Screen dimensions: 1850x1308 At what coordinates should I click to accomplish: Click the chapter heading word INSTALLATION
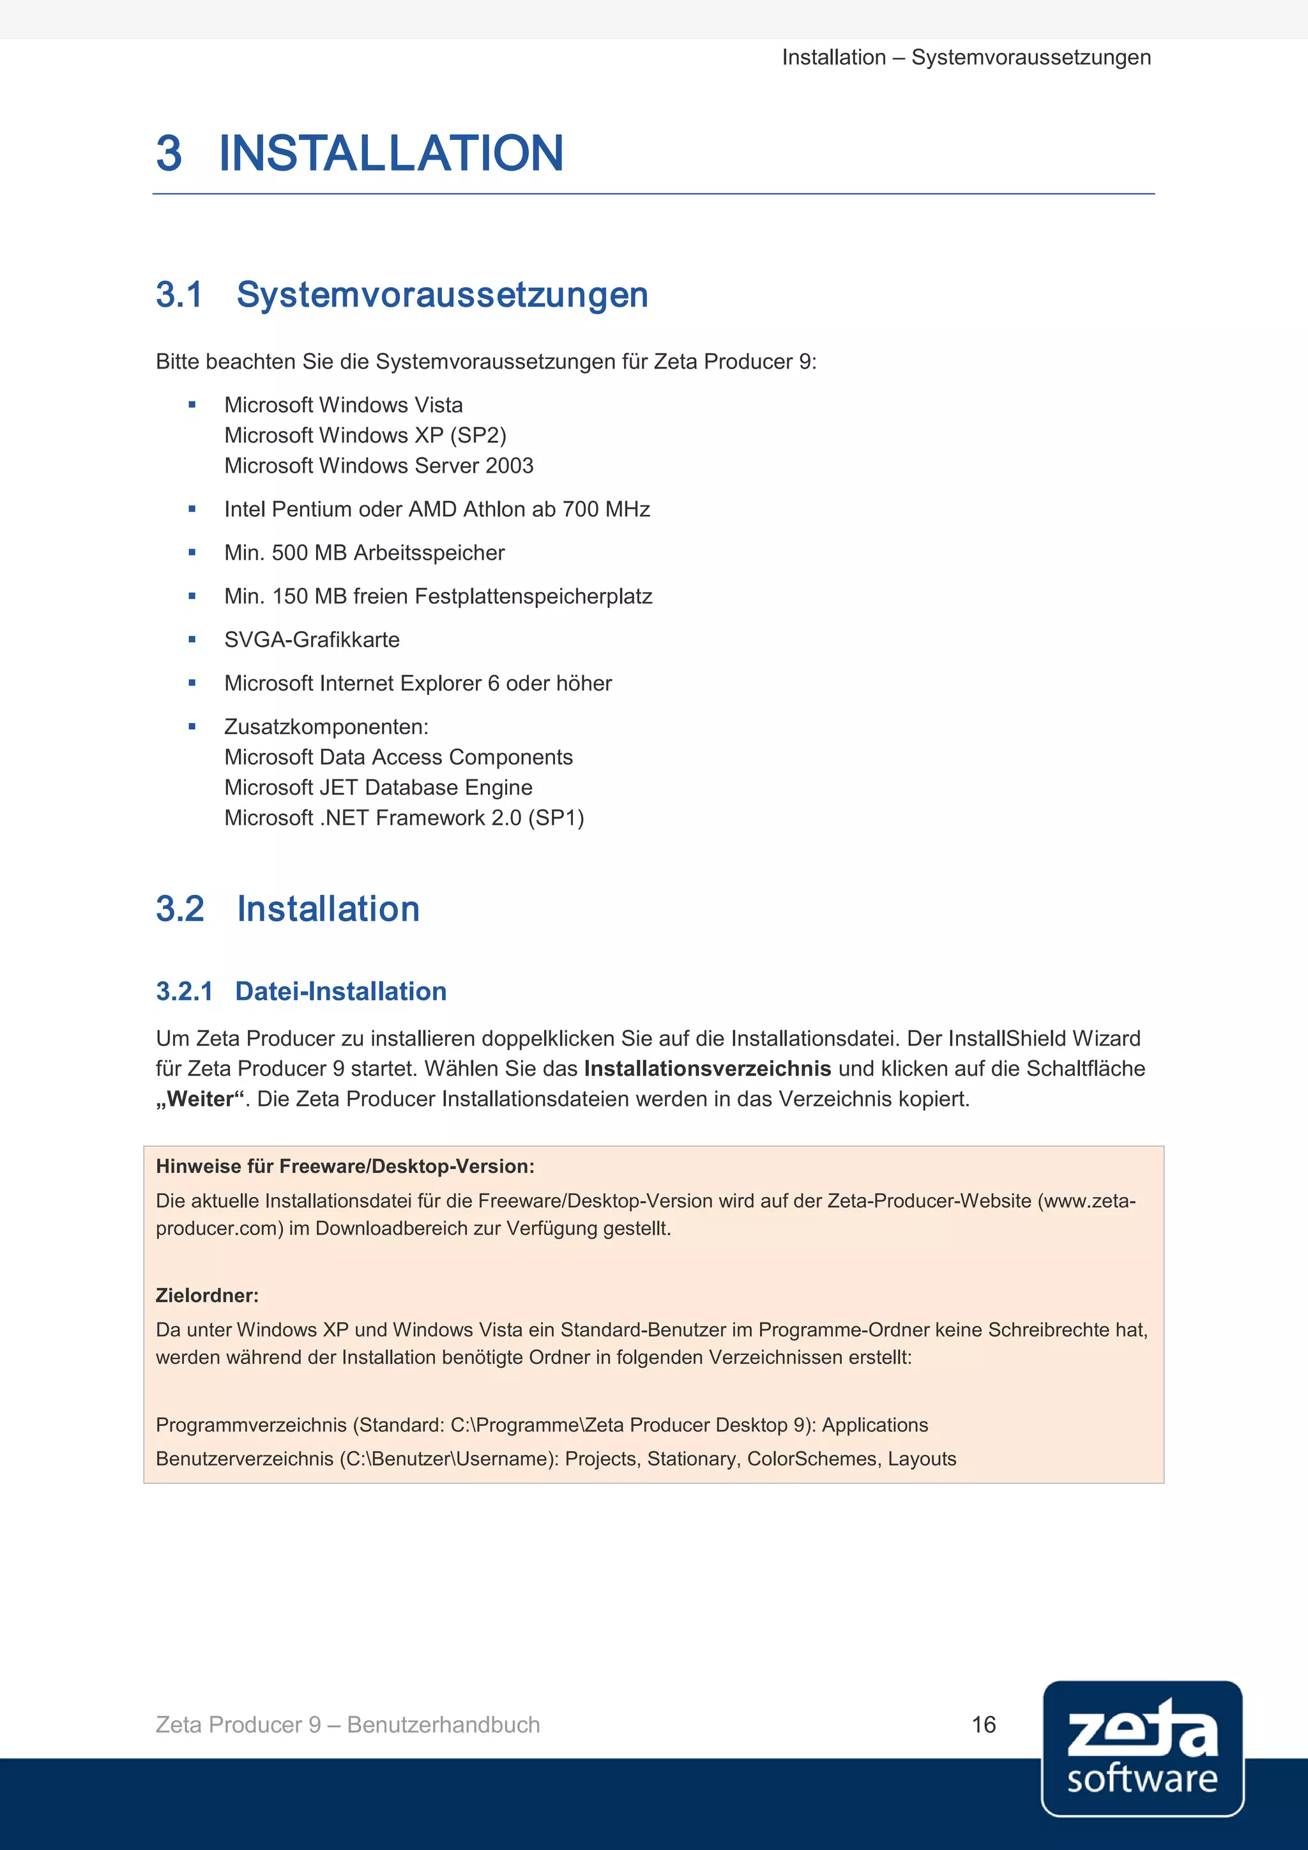(x=391, y=153)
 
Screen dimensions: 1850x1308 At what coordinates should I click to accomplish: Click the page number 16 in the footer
(x=984, y=1724)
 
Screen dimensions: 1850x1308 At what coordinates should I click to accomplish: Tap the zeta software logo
(x=1142, y=1748)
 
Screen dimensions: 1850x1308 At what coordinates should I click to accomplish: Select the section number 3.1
(x=179, y=295)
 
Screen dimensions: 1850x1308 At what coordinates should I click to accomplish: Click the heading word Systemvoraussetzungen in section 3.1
(x=442, y=295)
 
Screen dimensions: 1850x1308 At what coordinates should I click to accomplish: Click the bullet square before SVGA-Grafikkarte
(x=192, y=639)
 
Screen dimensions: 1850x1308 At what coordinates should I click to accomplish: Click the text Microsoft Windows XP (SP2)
(x=365, y=435)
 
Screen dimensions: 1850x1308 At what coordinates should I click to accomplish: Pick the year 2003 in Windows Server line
(x=509, y=466)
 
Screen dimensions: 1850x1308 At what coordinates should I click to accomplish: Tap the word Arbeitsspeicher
(x=429, y=553)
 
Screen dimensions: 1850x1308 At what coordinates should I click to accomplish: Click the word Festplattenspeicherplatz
(x=533, y=596)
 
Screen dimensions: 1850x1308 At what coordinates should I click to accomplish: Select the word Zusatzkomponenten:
(x=326, y=727)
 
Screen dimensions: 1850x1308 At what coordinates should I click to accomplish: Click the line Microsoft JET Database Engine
(x=377, y=787)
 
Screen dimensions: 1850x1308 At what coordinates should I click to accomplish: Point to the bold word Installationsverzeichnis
(x=707, y=1069)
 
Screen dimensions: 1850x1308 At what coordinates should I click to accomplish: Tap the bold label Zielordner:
(x=207, y=1296)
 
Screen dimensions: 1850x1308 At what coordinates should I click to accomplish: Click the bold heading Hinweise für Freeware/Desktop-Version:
(x=345, y=1166)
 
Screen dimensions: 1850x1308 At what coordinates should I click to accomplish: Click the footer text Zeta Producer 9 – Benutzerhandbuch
(x=347, y=1724)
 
